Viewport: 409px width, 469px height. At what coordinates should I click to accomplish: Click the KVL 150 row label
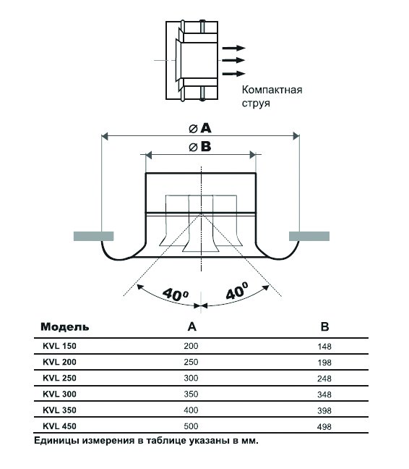pos(59,346)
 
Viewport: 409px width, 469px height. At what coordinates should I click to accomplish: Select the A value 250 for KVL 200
pos(191,362)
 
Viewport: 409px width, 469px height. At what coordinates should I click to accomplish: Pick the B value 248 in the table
pos(324,379)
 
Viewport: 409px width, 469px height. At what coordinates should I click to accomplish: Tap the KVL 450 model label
pos(59,426)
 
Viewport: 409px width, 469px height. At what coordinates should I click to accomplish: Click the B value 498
pos(324,427)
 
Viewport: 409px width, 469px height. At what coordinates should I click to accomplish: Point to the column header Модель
pos(65,326)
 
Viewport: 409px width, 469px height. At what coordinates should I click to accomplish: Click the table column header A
pos(192,326)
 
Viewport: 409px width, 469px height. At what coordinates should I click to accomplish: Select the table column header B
pos(324,326)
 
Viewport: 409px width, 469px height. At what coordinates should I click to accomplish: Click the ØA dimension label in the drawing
pos(200,128)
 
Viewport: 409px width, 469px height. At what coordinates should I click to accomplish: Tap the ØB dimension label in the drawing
pos(200,147)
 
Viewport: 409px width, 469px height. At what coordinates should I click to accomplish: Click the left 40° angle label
pos(176,294)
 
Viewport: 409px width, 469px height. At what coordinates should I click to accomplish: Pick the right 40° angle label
pos(237,290)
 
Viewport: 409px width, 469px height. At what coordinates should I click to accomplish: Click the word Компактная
pos(272,90)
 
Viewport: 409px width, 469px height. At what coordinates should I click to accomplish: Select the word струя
pos(256,103)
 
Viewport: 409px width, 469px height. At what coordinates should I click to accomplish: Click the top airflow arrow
pos(233,48)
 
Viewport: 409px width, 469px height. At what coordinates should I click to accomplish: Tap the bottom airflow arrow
pos(233,74)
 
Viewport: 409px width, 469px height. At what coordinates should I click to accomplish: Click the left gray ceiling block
pos(93,236)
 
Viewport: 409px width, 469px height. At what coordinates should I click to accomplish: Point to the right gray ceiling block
pos(309,236)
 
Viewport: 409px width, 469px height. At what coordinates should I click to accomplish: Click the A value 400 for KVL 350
pos(191,410)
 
